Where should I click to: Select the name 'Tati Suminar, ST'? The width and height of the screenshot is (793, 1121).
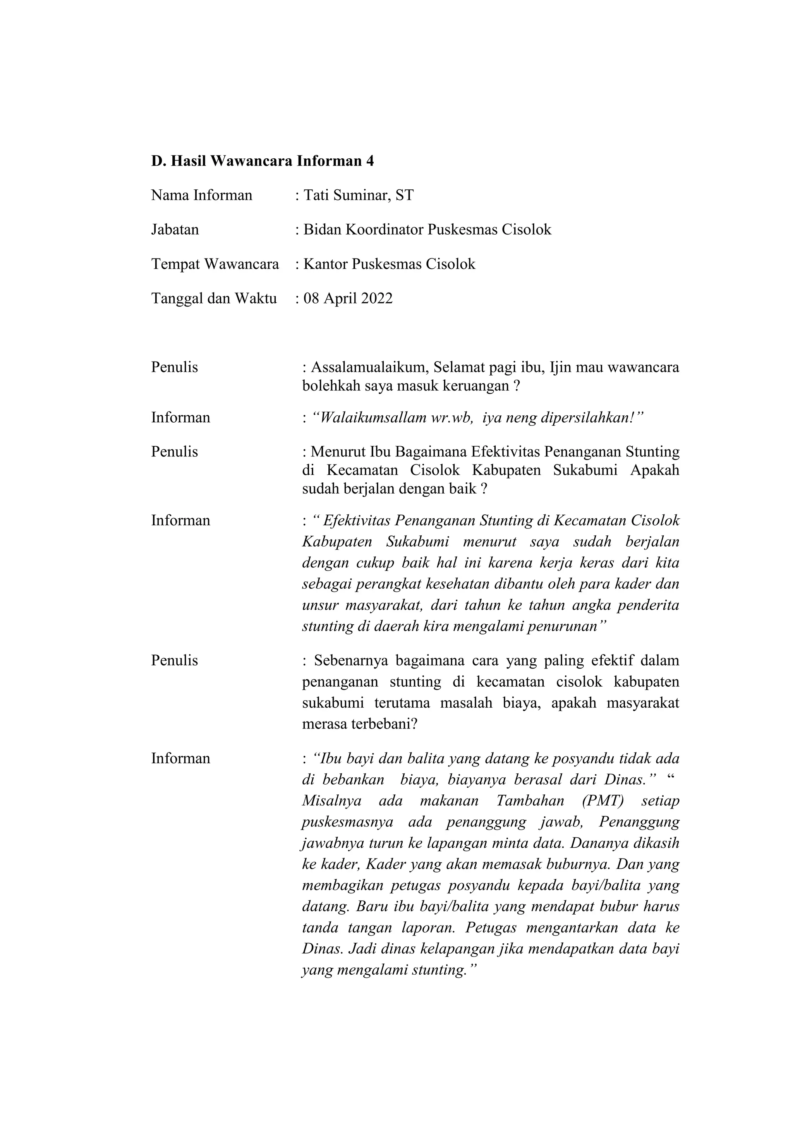(359, 195)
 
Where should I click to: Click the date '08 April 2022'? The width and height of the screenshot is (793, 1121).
(348, 298)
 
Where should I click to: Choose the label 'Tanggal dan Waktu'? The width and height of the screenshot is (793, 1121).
(214, 298)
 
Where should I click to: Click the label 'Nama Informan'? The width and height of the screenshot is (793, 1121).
(202, 195)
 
